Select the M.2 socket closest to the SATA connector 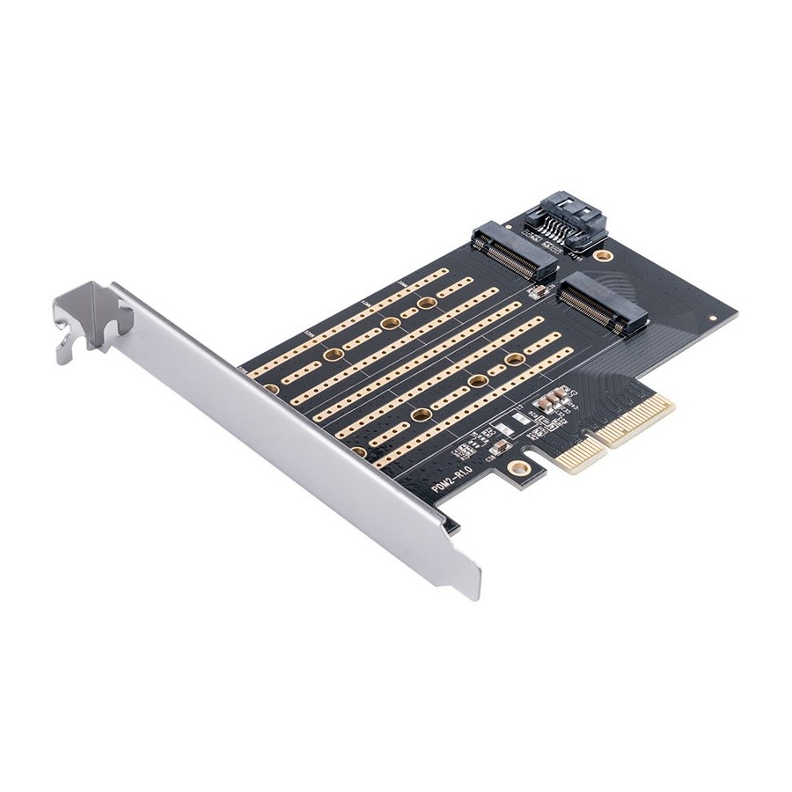(515, 252)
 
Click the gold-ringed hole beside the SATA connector (602, 256)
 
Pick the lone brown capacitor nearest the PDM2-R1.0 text (498, 447)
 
